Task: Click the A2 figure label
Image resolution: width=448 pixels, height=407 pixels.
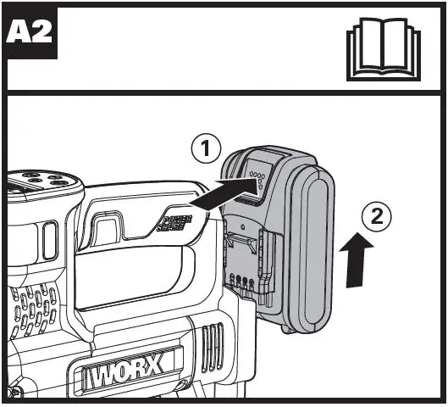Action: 30,34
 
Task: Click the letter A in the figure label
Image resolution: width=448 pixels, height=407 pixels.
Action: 19,34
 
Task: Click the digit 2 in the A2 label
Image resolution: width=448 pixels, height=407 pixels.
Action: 41,34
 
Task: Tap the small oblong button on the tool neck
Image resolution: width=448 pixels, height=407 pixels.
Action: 48,241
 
